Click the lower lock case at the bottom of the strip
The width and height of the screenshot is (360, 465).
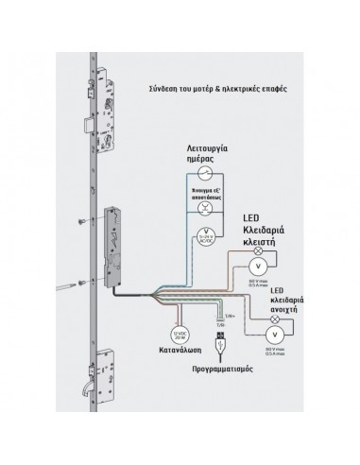tap(106, 385)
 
